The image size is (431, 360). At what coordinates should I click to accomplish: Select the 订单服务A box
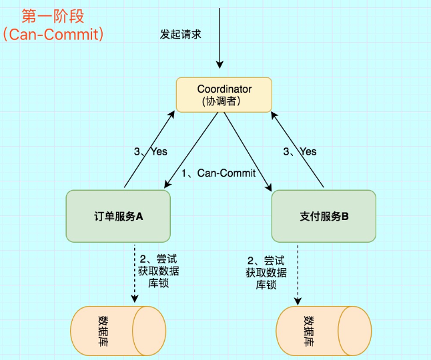pos(118,216)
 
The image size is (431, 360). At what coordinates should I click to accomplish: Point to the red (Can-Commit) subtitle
pos(53,34)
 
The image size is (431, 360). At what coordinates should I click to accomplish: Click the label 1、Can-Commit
pos(219,173)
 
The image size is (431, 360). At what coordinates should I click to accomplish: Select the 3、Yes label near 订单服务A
pos(150,151)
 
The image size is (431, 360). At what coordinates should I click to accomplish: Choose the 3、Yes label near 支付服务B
pos(300,151)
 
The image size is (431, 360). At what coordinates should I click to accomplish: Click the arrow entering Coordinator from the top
pos(218,40)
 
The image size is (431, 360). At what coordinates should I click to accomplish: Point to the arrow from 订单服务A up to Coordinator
pos(148,150)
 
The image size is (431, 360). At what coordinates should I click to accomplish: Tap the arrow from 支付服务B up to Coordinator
pos(298,150)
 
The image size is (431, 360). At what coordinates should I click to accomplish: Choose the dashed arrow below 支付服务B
pos(298,273)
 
